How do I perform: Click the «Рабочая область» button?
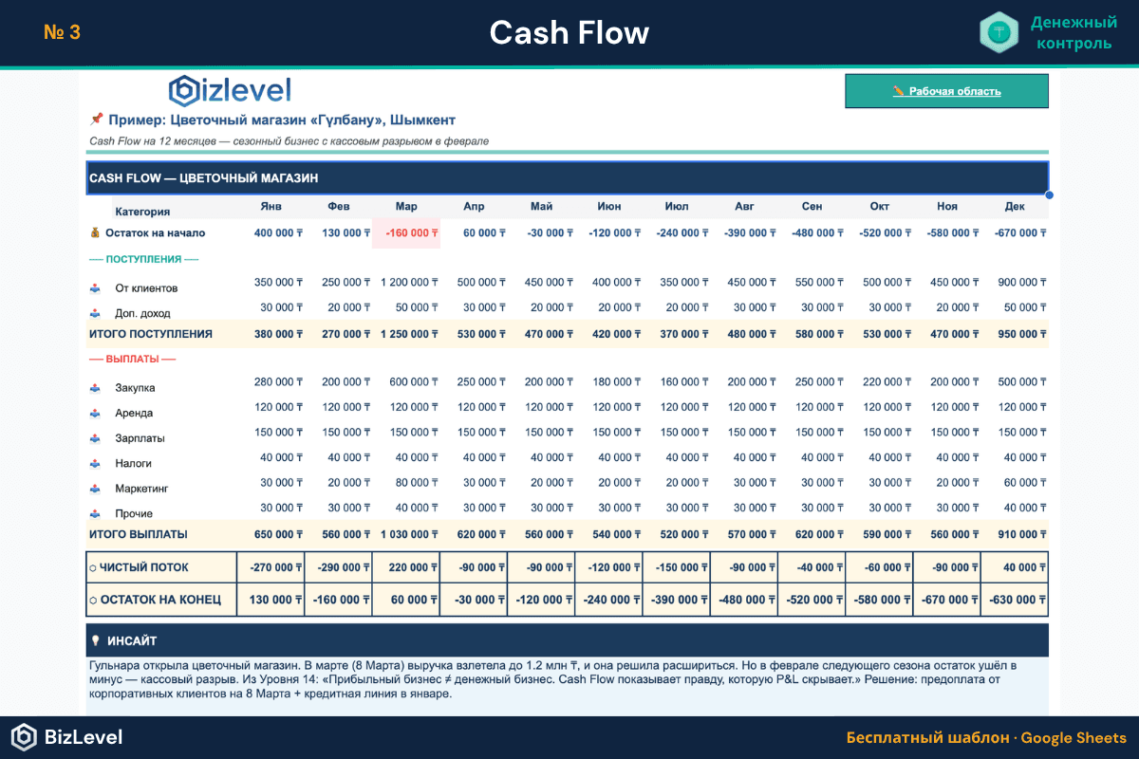pyautogui.click(x=946, y=91)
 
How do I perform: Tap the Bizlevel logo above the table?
pyautogui.click(x=230, y=90)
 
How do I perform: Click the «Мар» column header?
pyautogui.click(x=406, y=207)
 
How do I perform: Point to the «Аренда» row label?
pyautogui.click(x=134, y=414)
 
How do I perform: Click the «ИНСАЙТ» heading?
pyautogui.click(x=133, y=640)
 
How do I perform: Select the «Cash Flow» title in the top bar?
pyautogui.click(x=569, y=33)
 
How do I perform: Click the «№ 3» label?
pyautogui.click(x=62, y=32)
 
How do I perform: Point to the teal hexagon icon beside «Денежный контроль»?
pyautogui.click(x=999, y=32)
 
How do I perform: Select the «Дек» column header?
pyautogui.click(x=1015, y=207)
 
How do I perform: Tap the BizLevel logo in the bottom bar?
pyautogui.click(x=66, y=737)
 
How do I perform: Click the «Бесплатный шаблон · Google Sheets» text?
pyautogui.click(x=986, y=738)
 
